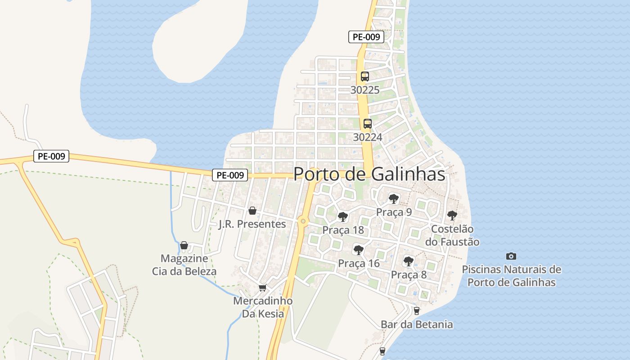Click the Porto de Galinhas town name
click(369, 175)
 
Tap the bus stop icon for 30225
click(364, 76)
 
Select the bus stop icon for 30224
click(367, 124)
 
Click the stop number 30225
click(365, 90)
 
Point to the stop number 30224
click(367, 137)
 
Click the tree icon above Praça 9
click(394, 198)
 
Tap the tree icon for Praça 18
click(342, 217)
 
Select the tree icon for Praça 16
click(358, 250)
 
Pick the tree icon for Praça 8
click(408, 261)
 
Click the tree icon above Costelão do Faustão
click(452, 216)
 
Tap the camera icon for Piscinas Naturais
click(511, 256)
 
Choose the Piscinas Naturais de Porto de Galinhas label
click(511, 276)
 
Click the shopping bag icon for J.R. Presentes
click(252, 211)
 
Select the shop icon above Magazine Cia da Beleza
click(184, 245)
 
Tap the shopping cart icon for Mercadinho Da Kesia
click(262, 288)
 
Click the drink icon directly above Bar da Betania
click(416, 310)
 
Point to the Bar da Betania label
click(417, 324)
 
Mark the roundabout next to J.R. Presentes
click(303, 221)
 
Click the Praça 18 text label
click(343, 230)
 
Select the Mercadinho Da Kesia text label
click(263, 307)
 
